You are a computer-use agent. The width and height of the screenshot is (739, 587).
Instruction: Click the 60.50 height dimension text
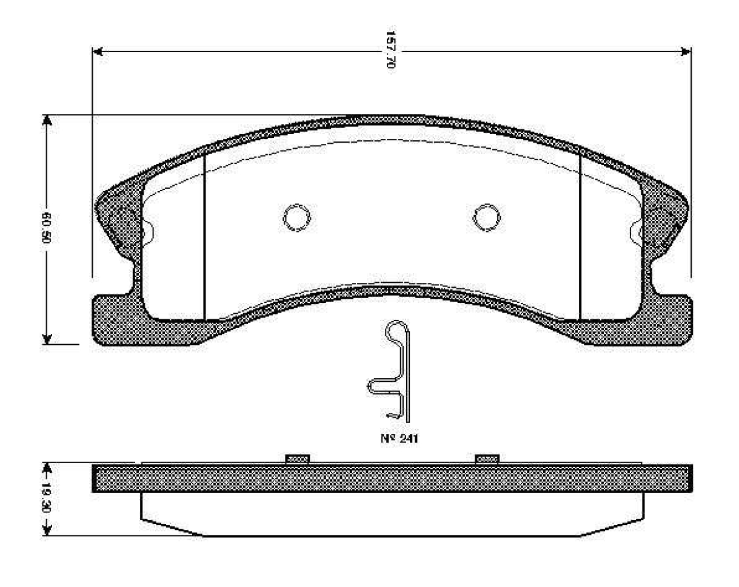point(46,228)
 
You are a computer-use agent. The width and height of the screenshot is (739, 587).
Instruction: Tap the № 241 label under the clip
point(400,438)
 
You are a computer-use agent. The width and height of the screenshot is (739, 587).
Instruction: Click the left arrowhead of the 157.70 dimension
point(98,52)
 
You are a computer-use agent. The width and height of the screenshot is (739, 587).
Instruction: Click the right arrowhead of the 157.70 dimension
point(686,52)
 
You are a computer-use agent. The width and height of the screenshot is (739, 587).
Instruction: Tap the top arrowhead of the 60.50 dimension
point(47,120)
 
